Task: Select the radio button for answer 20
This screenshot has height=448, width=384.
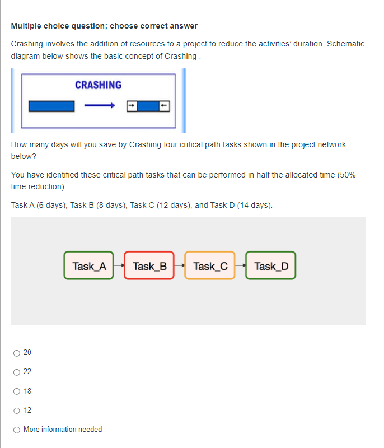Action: tap(17, 353)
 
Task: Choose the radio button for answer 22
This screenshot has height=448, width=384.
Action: tap(17, 372)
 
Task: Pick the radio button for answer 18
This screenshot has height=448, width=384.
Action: tap(17, 391)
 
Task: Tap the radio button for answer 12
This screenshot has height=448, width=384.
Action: tap(17, 410)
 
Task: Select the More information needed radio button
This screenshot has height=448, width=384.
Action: tap(17, 430)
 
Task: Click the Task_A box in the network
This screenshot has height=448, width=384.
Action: tap(89, 265)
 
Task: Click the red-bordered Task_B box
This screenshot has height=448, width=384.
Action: tap(149, 265)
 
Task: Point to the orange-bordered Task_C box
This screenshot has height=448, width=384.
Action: tap(210, 265)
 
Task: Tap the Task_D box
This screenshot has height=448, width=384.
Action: tap(271, 265)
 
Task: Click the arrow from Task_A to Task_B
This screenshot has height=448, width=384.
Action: tap(119, 265)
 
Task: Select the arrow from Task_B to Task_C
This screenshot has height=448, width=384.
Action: tap(180, 265)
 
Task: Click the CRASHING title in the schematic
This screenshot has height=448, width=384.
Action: tap(98, 85)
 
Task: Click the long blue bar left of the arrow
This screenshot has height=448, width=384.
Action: tap(51, 105)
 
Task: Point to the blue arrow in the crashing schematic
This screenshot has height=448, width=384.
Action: tap(99, 105)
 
